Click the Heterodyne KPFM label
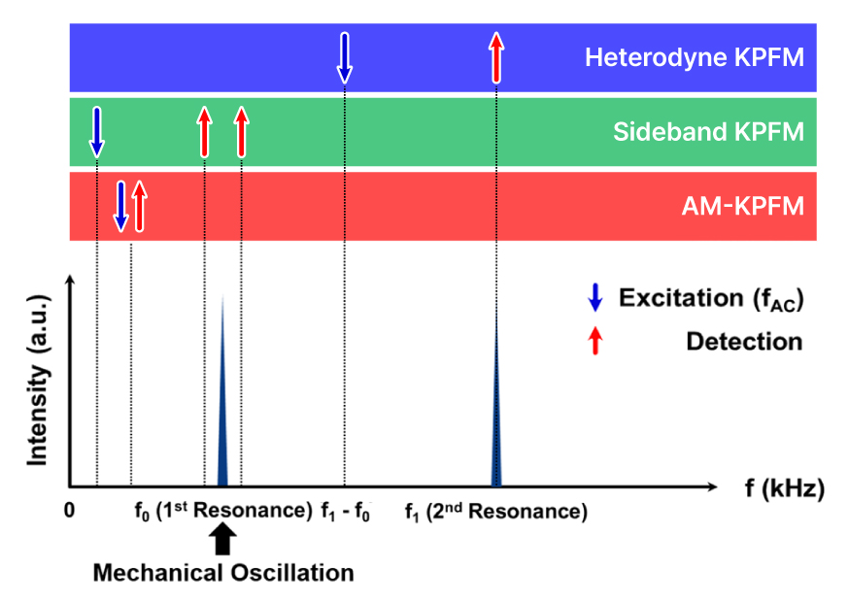(694, 57)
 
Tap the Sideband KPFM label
(708, 131)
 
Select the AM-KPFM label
(743, 205)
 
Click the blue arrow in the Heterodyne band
(345, 57)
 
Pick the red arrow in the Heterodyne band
(496, 57)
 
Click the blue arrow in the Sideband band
(96, 132)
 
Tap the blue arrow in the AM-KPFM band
(120, 205)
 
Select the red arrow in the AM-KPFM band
(138, 205)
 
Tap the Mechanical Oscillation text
(223, 572)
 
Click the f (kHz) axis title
(784, 488)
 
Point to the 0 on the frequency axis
(69, 512)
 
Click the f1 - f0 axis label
(346, 512)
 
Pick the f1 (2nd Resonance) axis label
(495, 512)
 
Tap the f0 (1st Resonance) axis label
(222, 512)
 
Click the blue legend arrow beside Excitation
(596, 298)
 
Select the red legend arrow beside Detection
(596, 341)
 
